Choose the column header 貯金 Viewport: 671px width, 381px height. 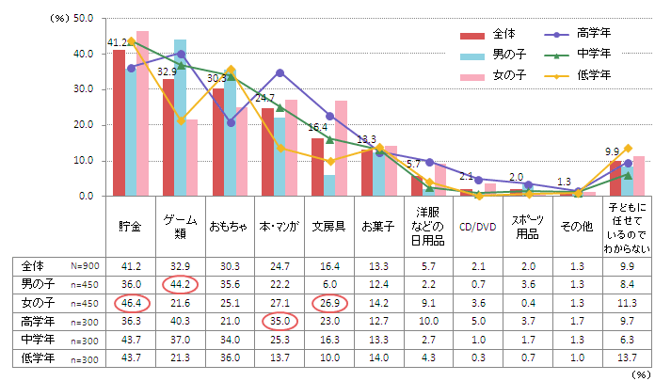131,226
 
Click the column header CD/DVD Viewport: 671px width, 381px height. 478,226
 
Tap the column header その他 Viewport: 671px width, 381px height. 576,226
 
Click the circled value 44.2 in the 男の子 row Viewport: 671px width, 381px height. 181,284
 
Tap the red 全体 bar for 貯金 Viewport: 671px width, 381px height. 120,122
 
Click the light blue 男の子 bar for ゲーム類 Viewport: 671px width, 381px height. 181,118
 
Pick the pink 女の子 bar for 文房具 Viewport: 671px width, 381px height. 341,148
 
